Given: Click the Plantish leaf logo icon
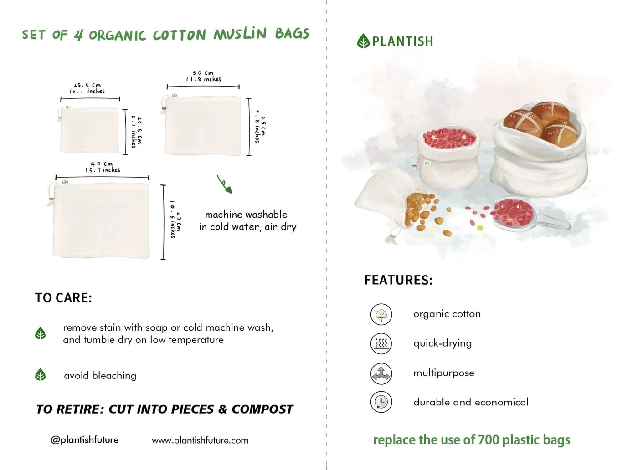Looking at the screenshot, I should [363, 41].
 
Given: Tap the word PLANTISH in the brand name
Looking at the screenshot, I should [402, 41].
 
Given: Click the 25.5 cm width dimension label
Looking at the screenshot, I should [87, 88].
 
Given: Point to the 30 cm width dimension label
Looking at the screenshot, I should [203, 76].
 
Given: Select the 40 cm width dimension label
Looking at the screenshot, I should [102, 167].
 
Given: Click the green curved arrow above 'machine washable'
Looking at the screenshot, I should [224, 184].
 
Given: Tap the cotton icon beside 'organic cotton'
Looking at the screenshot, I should [381, 314].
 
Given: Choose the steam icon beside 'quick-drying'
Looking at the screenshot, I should [381, 343].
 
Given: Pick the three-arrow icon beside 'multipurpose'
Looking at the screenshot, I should [381, 373].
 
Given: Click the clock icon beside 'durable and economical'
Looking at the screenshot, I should [381, 402].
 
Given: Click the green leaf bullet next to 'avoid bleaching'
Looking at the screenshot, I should [41, 375].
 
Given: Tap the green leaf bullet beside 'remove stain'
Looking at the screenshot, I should [41, 333].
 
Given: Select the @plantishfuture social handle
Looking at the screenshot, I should [85, 440].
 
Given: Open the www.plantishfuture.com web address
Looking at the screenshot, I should [200, 440].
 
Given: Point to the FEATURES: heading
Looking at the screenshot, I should [398, 280].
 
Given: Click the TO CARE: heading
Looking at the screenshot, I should [63, 298].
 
